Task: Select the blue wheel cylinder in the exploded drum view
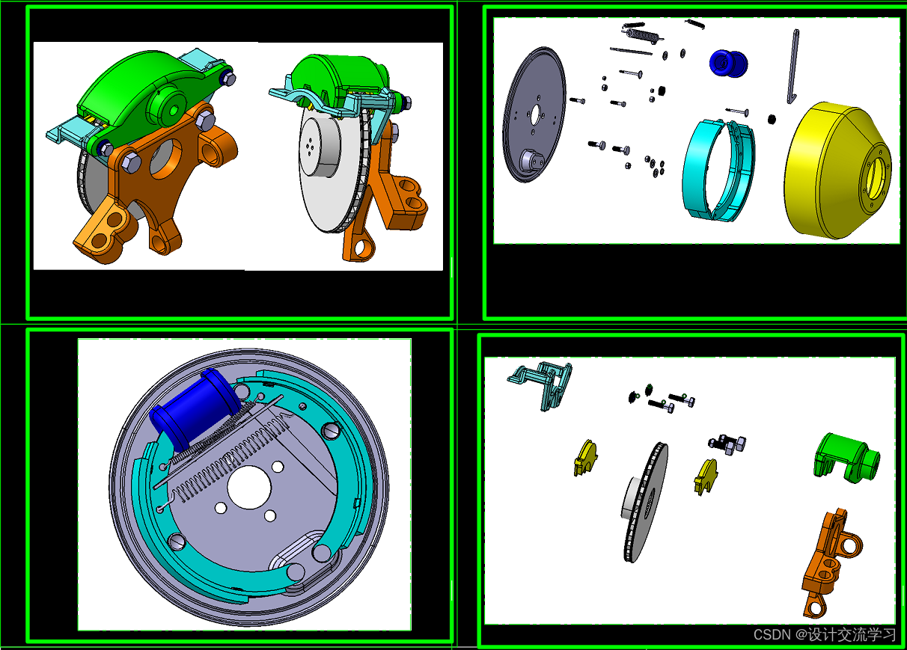728,64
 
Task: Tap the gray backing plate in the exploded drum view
534,114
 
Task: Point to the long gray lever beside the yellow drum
793,67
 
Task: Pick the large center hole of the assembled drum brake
249,487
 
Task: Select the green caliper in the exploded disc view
846,457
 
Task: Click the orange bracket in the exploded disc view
830,562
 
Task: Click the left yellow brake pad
585,457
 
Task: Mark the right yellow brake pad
706,476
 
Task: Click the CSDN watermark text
825,634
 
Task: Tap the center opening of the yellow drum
875,177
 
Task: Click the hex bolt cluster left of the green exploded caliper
727,444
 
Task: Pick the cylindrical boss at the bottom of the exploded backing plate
531,161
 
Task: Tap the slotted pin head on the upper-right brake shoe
331,431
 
